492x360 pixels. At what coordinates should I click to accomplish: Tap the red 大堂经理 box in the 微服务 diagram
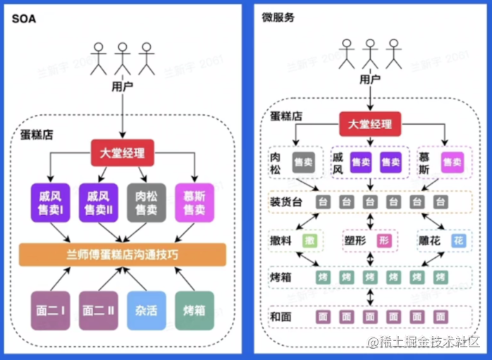coord(370,125)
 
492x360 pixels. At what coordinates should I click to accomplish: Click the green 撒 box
coord(309,240)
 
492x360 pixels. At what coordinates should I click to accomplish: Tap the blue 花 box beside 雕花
coord(458,240)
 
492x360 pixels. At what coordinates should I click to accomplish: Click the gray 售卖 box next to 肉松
coord(303,162)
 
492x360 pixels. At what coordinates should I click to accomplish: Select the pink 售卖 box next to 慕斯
coord(452,162)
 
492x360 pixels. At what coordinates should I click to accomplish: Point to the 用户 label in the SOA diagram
coord(123,86)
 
